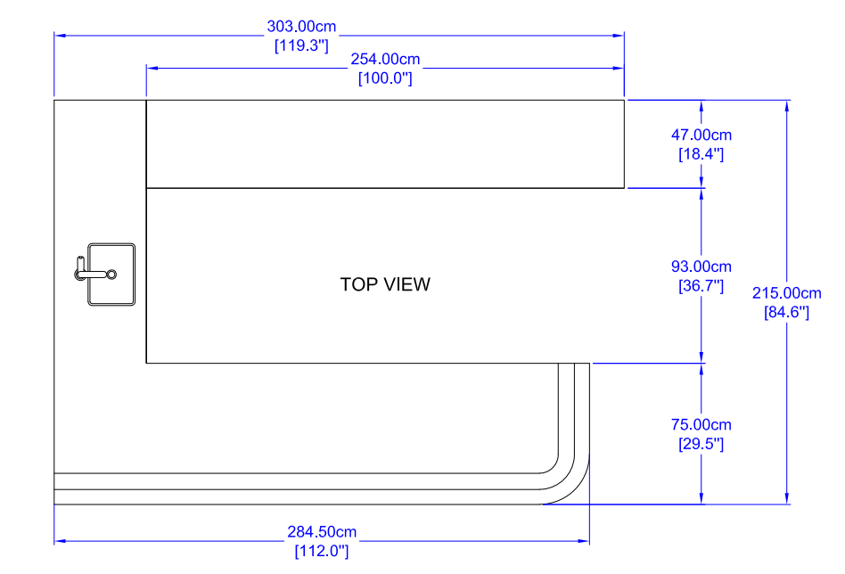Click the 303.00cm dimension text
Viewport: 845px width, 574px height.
point(301,27)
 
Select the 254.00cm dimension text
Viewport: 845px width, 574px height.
point(385,59)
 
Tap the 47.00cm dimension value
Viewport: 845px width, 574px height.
point(701,135)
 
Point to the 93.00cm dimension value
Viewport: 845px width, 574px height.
point(701,266)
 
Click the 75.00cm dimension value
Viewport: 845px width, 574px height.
point(701,425)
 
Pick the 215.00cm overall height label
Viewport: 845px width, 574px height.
point(786,293)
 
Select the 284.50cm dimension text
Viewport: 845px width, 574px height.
point(321,532)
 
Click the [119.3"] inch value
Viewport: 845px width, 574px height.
point(301,45)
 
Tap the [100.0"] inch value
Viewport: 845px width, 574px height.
point(385,78)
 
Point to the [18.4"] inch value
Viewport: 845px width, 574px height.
point(701,154)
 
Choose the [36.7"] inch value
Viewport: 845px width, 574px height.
point(701,285)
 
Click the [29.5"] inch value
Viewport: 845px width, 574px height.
point(701,444)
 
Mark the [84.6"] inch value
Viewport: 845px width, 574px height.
point(786,312)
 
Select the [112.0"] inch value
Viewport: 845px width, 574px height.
point(321,551)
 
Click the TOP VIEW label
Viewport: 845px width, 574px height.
point(385,284)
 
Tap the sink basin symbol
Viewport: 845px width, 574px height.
point(111,274)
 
